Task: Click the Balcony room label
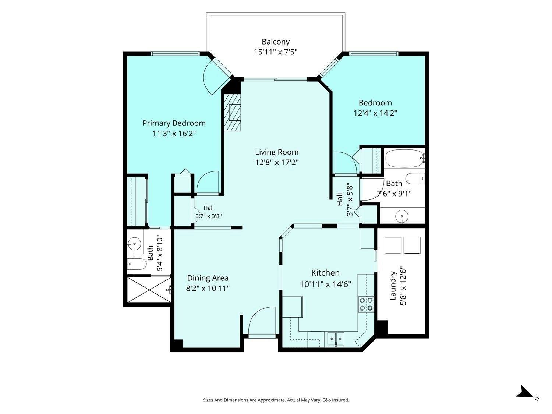pyautogui.click(x=275, y=42)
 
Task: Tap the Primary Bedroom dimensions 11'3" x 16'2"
pyautogui.click(x=174, y=133)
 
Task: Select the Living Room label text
pyautogui.click(x=277, y=152)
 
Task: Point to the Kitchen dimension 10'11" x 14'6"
pyautogui.click(x=325, y=284)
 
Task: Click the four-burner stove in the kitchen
pyautogui.click(x=366, y=304)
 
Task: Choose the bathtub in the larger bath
pyautogui.click(x=405, y=158)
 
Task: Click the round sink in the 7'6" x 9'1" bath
pyautogui.click(x=401, y=216)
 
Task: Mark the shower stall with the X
pyautogui.click(x=149, y=290)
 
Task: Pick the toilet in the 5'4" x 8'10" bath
pyautogui.click(x=137, y=264)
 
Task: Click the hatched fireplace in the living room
pyautogui.click(x=232, y=112)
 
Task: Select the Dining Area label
pyautogui.click(x=208, y=278)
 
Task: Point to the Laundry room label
pyautogui.click(x=393, y=286)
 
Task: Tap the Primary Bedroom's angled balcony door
pyautogui.click(x=217, y=76)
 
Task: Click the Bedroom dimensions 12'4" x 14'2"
pyautogui.click(x=375, y=113)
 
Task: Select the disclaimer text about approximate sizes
pyautogui.click(x=276, y=400)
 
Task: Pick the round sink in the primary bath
pyautogui.click(x=135, y=243)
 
